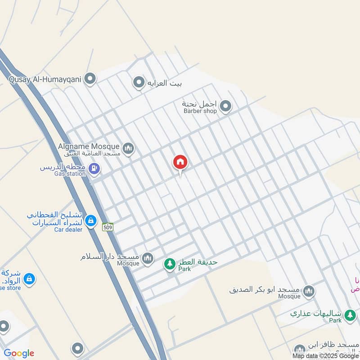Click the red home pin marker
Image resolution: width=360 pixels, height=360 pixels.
pos(180,162)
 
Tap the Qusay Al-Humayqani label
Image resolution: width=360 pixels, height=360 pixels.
pos(44,79)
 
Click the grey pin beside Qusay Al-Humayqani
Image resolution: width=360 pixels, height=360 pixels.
pos(90,79)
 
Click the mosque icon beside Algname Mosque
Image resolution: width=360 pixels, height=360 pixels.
pos(129,148)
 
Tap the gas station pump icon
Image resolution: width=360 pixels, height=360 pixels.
pos(94,169)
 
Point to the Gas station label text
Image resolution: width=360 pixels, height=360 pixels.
pos(70,174)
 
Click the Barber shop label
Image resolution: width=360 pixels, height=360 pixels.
pos(200,111)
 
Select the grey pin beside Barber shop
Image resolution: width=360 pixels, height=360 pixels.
pos(225,107)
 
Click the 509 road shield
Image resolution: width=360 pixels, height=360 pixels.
pos(108,227)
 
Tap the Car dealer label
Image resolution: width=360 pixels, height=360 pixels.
pos(68,229)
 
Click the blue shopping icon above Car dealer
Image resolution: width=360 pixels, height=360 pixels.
pos(91,220)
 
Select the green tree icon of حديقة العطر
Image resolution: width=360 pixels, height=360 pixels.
pos(169,264)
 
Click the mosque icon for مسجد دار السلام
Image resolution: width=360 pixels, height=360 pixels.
pos(148,258)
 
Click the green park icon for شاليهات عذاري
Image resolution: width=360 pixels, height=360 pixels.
pos(349,316)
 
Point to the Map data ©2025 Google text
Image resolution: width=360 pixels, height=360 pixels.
pos(324,355)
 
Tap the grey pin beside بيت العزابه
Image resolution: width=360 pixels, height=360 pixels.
pos(138,83)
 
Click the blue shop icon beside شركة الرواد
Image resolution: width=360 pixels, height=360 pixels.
pos(29,279)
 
